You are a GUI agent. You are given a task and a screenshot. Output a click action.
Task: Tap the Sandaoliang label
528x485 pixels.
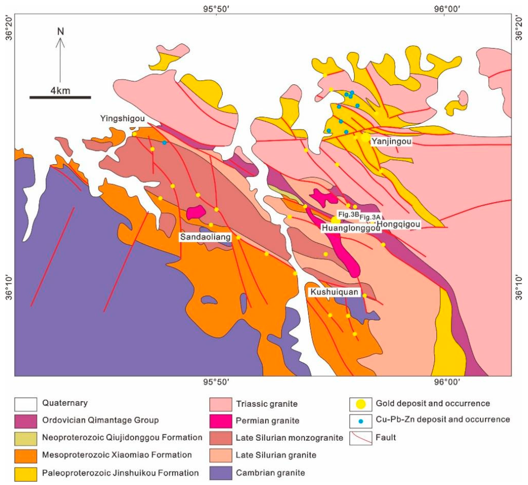tap(205, 237)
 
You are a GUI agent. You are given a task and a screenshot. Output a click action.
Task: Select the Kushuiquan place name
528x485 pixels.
tap(334, 292)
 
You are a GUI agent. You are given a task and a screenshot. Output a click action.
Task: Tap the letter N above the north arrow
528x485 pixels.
tap(61, 32)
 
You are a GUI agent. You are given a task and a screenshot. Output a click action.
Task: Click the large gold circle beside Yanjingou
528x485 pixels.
tap(365, 137)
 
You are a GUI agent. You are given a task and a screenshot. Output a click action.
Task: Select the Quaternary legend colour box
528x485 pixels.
tap(26, 404)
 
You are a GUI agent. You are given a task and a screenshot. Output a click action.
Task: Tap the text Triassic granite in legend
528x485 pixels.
tap(267, 404)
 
